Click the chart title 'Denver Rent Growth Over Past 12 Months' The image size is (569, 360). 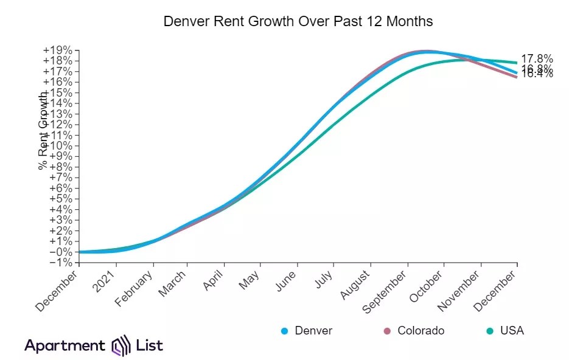coord(298,21)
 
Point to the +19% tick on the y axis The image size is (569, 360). coord(60,50)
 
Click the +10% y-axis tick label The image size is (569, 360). coord(60,145)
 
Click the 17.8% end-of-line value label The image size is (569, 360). coord(537,59)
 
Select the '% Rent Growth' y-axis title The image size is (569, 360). coord(43,130)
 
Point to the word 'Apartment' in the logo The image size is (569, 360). coord(65,346)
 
